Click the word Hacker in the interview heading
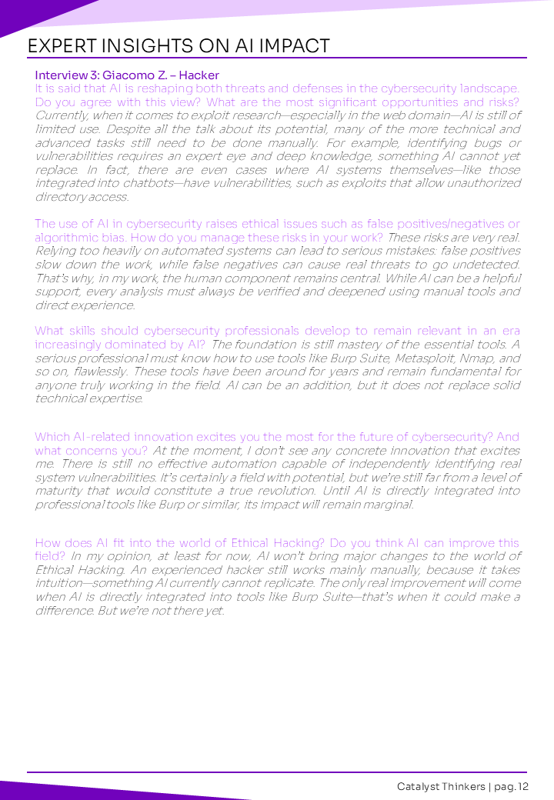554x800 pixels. pos(199,75)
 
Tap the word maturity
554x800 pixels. pos(60,491)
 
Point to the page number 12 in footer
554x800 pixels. pos(523,786)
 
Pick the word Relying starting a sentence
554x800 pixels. pos(55,251)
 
